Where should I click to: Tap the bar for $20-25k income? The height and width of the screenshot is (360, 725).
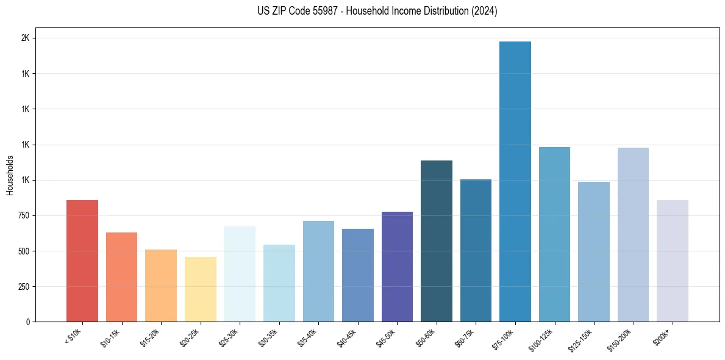200,289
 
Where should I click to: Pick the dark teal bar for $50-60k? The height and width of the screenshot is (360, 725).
437,241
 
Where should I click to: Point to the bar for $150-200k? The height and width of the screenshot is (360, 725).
633,234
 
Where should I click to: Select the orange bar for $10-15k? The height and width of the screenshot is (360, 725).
121,277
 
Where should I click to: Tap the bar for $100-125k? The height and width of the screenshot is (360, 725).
554,234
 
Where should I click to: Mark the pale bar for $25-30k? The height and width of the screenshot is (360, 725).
240,274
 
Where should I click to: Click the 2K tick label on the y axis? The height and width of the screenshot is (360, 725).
26,38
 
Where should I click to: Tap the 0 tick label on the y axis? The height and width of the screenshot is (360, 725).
28,322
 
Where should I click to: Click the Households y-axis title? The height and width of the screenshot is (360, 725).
10,175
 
